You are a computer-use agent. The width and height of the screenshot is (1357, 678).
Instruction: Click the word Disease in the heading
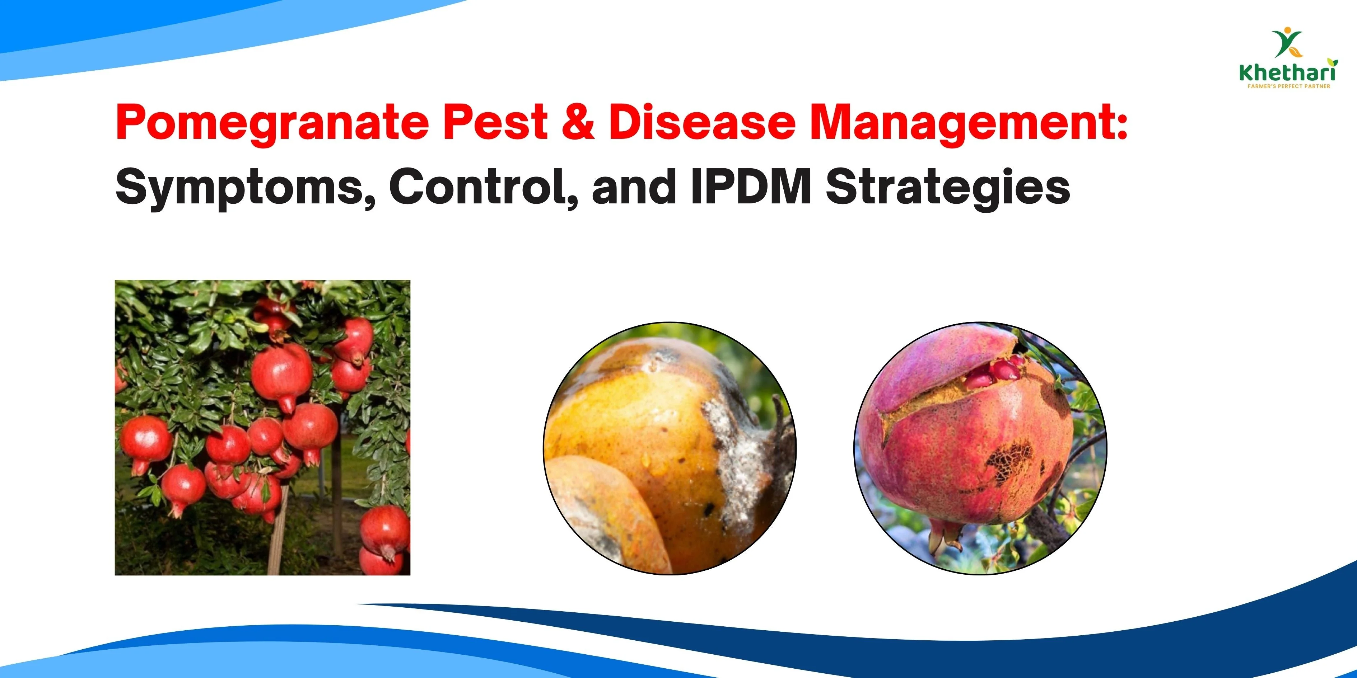701,123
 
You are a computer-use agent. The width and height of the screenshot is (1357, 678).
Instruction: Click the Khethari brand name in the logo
1287,73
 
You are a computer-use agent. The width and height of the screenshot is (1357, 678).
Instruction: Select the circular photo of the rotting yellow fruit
670,448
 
